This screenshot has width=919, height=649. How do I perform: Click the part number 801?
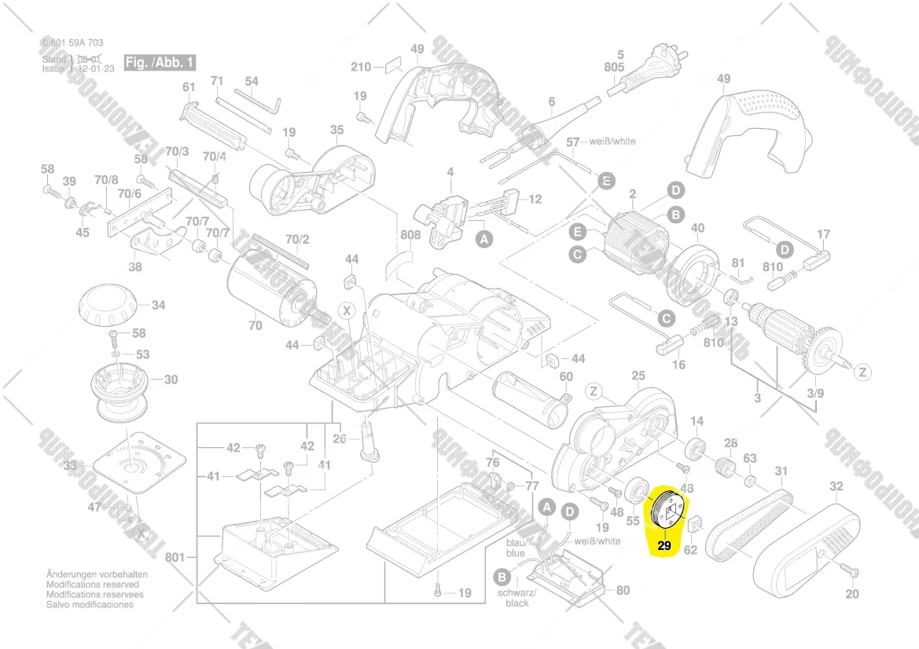click(175, 558)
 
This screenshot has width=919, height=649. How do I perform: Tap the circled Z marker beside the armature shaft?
click(863, 371)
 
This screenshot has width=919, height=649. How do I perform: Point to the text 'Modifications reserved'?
click(93, 585)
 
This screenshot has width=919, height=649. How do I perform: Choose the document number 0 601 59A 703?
click(73, 43)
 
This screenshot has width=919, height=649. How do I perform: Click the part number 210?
click(361, 67)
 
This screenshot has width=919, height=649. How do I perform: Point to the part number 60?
click(566, 376)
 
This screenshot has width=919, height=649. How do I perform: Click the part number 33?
click(71, 467)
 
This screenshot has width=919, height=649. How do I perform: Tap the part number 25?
click(638, 375)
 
